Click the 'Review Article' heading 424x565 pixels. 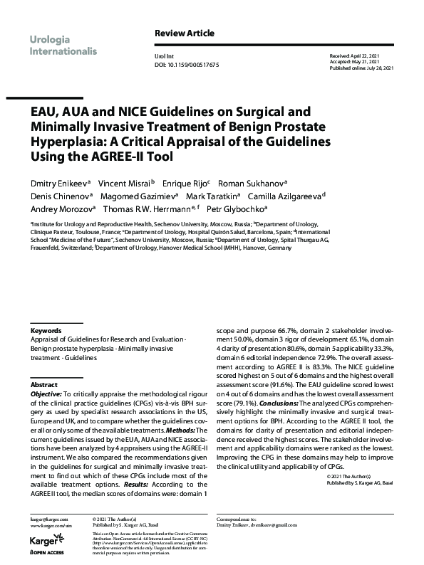184,33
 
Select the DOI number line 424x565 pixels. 186,64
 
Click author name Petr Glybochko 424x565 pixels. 235,209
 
